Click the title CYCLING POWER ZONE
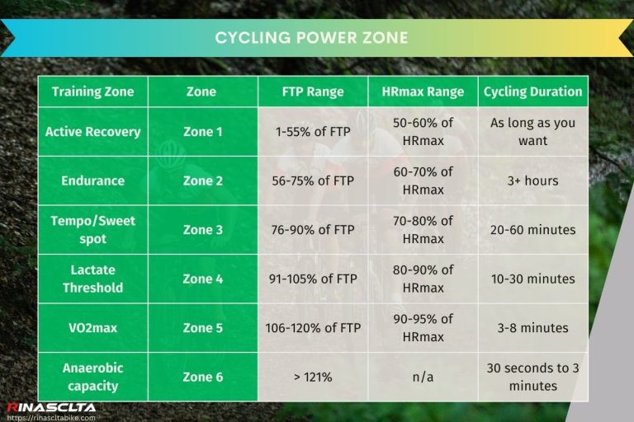click(311, 38)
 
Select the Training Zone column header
click(93, 91)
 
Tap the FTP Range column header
click(313, 91)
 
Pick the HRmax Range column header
click(423, 91)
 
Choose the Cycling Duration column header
click(532, 91)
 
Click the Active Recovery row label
click(93, 132)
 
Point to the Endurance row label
click(93, 181)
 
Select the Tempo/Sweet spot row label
click(93, 229)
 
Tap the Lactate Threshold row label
click(93, 279)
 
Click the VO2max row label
click(93, 327)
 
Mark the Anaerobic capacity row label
click(93, 377)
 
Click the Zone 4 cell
click(203, 279)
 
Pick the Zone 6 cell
click(203, 377)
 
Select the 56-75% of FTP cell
click(313, 181)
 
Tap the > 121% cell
click(313, 377)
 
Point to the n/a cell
click(423, 377)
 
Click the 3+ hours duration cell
click(532, 181)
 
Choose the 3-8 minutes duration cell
click(532, 327)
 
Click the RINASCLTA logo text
click(51, 407)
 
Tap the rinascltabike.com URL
click(51, 417)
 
